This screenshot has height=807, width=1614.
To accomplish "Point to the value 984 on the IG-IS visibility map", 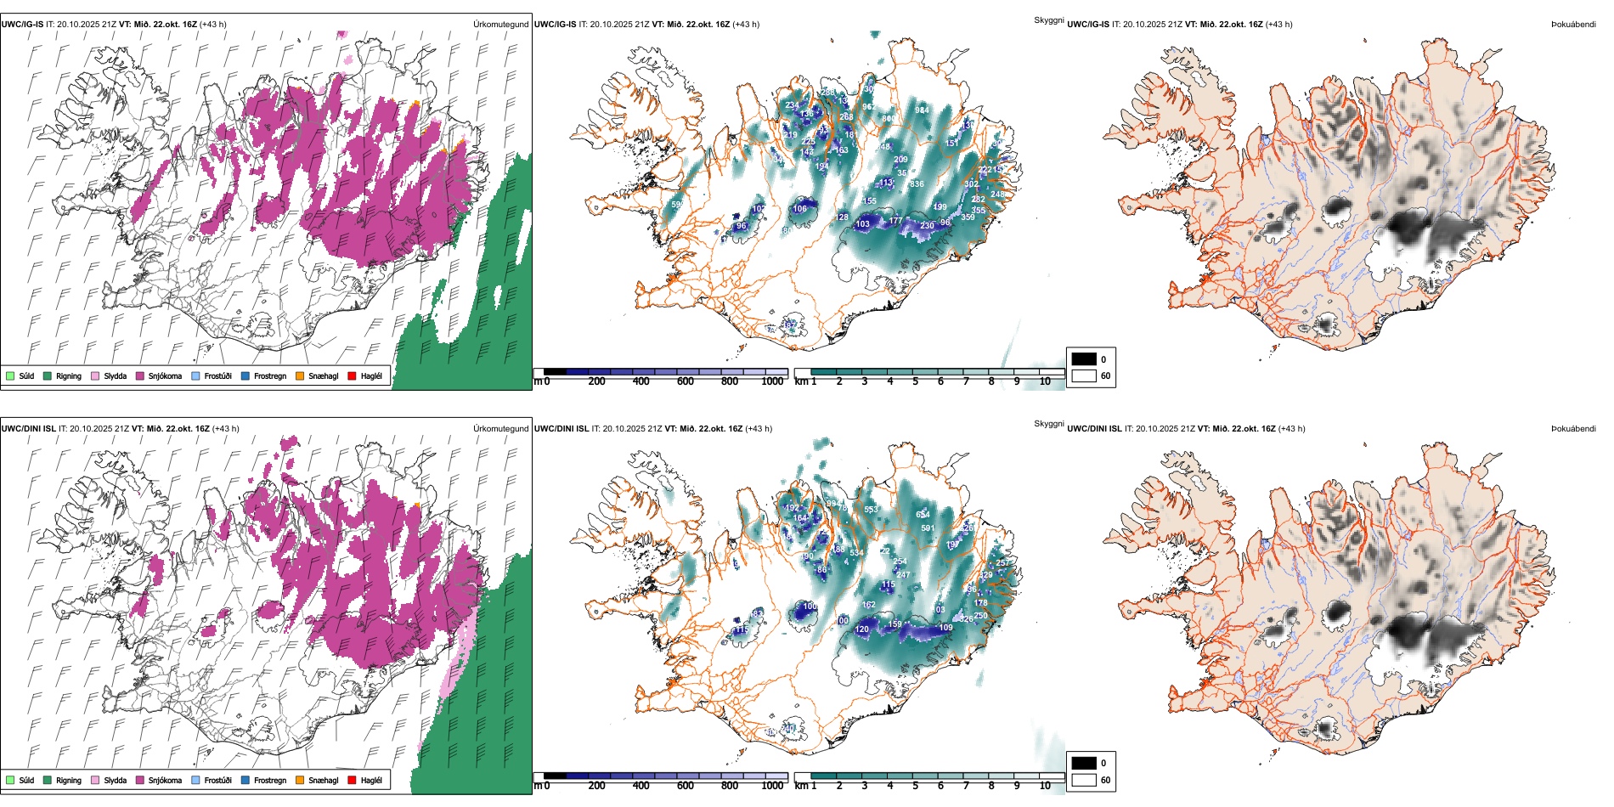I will click(x=922, y=110).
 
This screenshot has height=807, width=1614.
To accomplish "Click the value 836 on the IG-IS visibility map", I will click(x=917, y=184).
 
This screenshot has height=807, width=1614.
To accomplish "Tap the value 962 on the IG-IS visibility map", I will click(x=868, y=108).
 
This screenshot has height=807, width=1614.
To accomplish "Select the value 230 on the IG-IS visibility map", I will click(x=927, y=226).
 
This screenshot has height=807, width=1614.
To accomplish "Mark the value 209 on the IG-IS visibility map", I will click(x=900, y=160).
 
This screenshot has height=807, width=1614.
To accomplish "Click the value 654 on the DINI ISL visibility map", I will click(x=923, y=515).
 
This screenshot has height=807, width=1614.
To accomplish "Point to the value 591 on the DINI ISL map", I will click(x=928, y=528).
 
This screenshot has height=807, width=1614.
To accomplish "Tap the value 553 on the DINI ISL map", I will click(x=871, y=510).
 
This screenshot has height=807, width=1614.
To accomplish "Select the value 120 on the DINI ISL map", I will click(x=862, y=629).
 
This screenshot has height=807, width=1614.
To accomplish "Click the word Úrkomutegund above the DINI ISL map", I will click(x=500, y=429).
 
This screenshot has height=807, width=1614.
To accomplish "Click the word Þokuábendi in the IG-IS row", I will click(x=1573, y=25).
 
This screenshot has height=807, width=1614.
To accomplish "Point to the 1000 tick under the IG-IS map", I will click(x=772, y=381).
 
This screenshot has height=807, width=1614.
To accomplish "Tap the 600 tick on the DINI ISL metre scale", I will click(x=686, y=786).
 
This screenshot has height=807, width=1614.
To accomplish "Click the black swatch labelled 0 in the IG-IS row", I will click(x=1084, y=359).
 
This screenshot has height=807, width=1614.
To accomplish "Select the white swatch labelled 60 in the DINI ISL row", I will click(x=1084, y=780).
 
